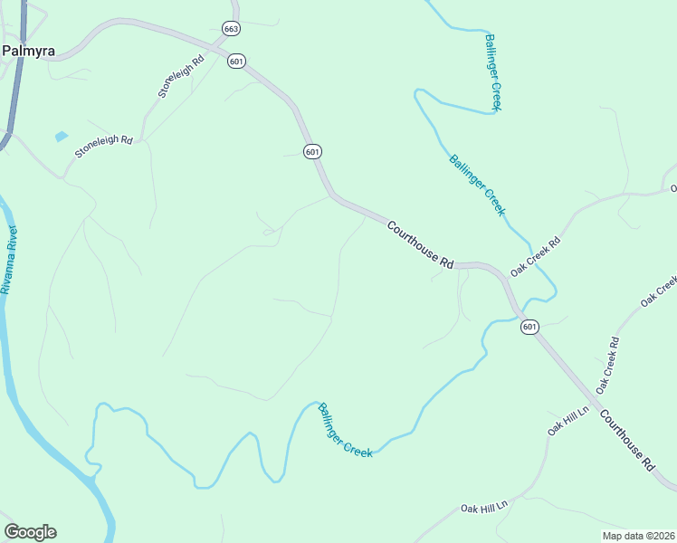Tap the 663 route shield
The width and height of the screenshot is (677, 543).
(231, 29)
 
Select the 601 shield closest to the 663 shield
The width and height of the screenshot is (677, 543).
(237, 61)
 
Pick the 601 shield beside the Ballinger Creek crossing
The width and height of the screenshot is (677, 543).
(529, 327)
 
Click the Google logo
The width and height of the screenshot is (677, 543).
(30, 532)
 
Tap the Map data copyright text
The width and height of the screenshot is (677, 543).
(636, 536)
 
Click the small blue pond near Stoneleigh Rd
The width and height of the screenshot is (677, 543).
(61, 137)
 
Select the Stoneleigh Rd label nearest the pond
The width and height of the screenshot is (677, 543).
(103, 147)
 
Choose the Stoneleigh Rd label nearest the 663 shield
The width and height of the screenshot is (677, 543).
(181, 75)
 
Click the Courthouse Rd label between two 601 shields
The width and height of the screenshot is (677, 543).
(420, 244)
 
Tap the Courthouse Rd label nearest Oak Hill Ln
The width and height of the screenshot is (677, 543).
(626, 443)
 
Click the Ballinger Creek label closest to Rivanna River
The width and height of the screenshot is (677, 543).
(345, 431)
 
